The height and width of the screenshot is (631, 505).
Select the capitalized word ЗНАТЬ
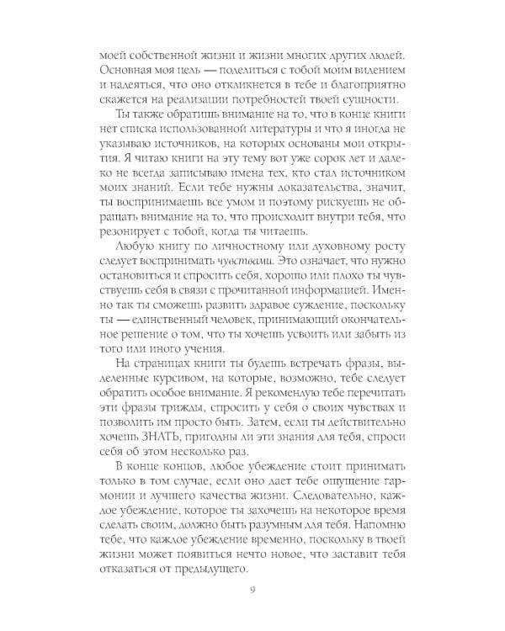pos(157,432)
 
